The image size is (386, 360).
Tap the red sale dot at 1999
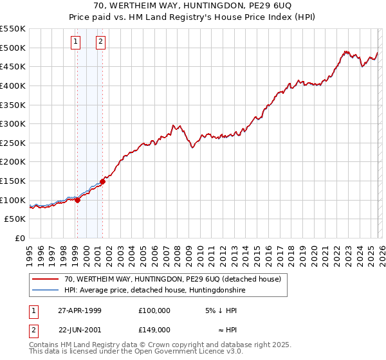click(78, 200)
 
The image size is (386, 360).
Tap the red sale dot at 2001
click(102, 181)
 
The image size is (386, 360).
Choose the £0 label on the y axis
click(20, 238)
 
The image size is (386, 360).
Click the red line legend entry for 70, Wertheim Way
click(172, 280)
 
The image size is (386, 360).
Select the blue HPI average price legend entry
click(155, 291)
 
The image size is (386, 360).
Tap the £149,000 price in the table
click(154, 329)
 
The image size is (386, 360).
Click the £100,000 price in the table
click(154, 310)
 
